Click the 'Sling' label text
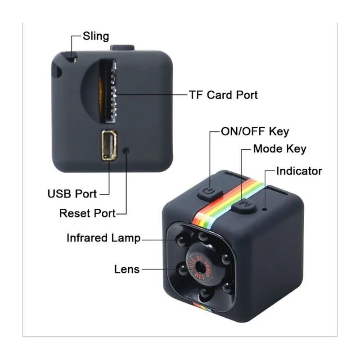(96, 36)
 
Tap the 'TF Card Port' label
(223, 95)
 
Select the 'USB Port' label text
(72, 194)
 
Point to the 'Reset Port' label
(87, 212)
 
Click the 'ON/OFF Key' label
(254, 132)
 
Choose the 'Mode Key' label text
(279, 149)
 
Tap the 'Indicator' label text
(299, 171)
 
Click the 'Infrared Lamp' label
(103, 238)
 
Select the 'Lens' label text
(126, 269)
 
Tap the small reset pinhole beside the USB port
(128, 151)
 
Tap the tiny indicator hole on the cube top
(266, 208)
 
